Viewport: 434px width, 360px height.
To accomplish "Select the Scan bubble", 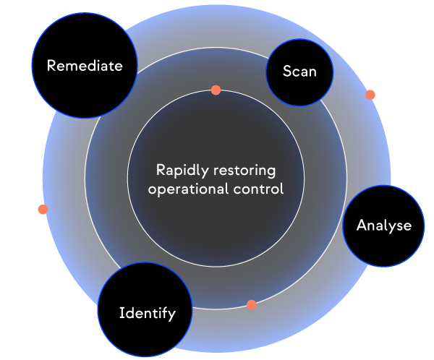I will coord(299,71).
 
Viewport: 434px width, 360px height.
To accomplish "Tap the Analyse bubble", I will coord(383,225).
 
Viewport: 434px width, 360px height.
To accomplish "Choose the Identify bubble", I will coord(147,313).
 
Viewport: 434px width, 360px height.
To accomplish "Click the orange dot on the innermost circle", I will coord(216,90).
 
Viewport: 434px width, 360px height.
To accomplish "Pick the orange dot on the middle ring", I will coord(251,304).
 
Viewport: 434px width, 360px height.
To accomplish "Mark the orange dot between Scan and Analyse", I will coord(370,95).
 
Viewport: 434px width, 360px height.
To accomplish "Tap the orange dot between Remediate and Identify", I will coord(43,209).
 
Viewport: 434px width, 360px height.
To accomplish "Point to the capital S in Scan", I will coord(286,72).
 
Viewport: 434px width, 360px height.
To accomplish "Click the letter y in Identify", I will coord(171,315).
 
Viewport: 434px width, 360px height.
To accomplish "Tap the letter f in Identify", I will coord(164,313).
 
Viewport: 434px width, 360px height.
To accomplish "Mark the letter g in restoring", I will coord(272,173).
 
